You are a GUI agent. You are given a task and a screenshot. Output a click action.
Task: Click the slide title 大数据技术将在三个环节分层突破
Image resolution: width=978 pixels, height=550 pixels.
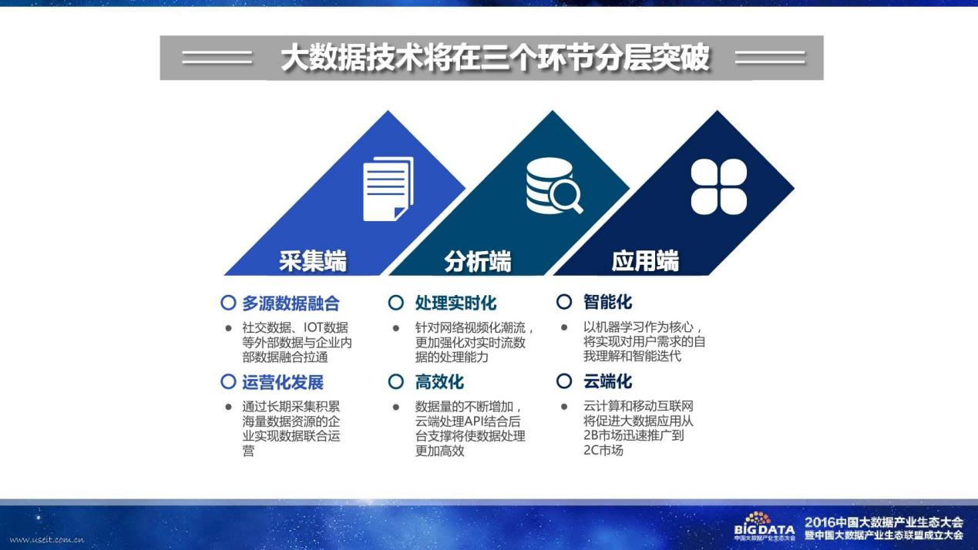click(x=495, y=58)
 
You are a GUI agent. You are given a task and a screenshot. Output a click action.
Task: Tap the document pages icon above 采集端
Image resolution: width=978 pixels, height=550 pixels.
click(x=388, y=189)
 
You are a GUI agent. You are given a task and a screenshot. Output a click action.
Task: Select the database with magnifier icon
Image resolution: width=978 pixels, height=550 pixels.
click(x=554, y=186)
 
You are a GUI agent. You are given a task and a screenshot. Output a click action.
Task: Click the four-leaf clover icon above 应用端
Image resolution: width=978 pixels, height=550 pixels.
click(x=718, y=187)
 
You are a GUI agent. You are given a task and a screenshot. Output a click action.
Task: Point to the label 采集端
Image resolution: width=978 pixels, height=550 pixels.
click(x=313, y=261)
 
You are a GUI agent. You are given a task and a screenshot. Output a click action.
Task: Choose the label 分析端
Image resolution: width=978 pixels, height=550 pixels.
click(x=477, y=261)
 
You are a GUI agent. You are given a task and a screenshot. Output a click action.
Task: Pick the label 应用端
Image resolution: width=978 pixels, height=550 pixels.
click(x=645, y=261)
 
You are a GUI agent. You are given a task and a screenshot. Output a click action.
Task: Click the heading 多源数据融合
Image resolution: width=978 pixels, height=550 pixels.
click(x=291, y=303)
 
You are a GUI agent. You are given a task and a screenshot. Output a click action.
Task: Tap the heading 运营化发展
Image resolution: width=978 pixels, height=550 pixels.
click(x=283, y=382)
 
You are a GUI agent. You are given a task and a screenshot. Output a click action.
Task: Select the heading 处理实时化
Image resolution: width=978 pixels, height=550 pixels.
click(x=455, y=303)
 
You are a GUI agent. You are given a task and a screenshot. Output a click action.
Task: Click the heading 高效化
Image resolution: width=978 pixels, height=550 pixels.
click(x=439, y=382)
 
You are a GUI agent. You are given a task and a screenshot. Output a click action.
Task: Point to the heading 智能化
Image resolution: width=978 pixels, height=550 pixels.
click(x=608, y=302)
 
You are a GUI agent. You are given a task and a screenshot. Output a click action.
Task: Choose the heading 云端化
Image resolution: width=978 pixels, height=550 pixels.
click(x=608, y=381)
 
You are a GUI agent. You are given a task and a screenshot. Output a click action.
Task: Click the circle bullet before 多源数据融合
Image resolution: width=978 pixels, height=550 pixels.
click(x=228, y=302)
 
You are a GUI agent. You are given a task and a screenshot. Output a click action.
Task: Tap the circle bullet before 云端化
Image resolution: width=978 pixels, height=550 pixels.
click(x=564, y=381)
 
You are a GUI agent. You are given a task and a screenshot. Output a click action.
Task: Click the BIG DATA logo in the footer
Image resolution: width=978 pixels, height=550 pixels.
click(x=764, y=526)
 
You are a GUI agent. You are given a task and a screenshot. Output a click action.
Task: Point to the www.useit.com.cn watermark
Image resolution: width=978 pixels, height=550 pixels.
click(x=46, y=539)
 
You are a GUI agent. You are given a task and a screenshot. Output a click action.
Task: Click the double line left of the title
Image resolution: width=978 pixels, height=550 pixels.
click(x=217, y=58)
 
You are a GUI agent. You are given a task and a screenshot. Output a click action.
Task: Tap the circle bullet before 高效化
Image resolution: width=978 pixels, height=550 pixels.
click(x=396, y=381)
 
